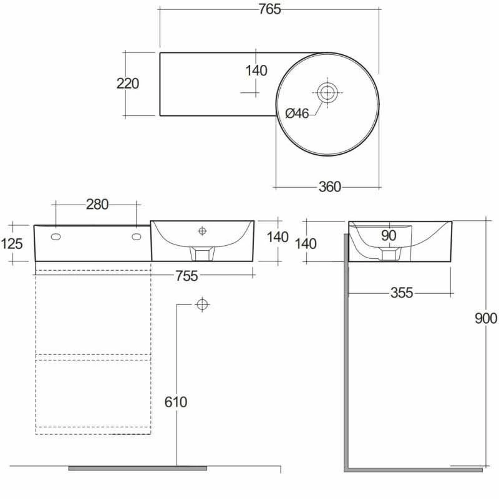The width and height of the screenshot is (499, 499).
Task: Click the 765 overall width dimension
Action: click(x=269, y=9)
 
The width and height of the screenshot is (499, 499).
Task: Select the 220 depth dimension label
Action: click(x=128, y=84)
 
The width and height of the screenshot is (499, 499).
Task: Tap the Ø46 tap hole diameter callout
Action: click(x=297, y=113)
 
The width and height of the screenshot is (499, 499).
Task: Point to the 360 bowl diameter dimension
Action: click(x=330, y=187)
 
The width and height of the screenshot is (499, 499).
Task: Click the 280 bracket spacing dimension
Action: click(x=97, y=205)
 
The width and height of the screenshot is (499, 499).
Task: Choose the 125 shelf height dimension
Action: click(x=12, y=244)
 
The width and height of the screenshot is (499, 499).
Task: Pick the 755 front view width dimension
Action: click(x=187, y=276)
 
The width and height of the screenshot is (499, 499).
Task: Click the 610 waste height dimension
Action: click(x=176, y=402)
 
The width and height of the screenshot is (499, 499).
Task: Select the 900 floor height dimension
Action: click(x=486, y=318)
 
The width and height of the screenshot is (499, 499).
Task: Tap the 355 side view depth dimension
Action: click(x=402, y=293)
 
